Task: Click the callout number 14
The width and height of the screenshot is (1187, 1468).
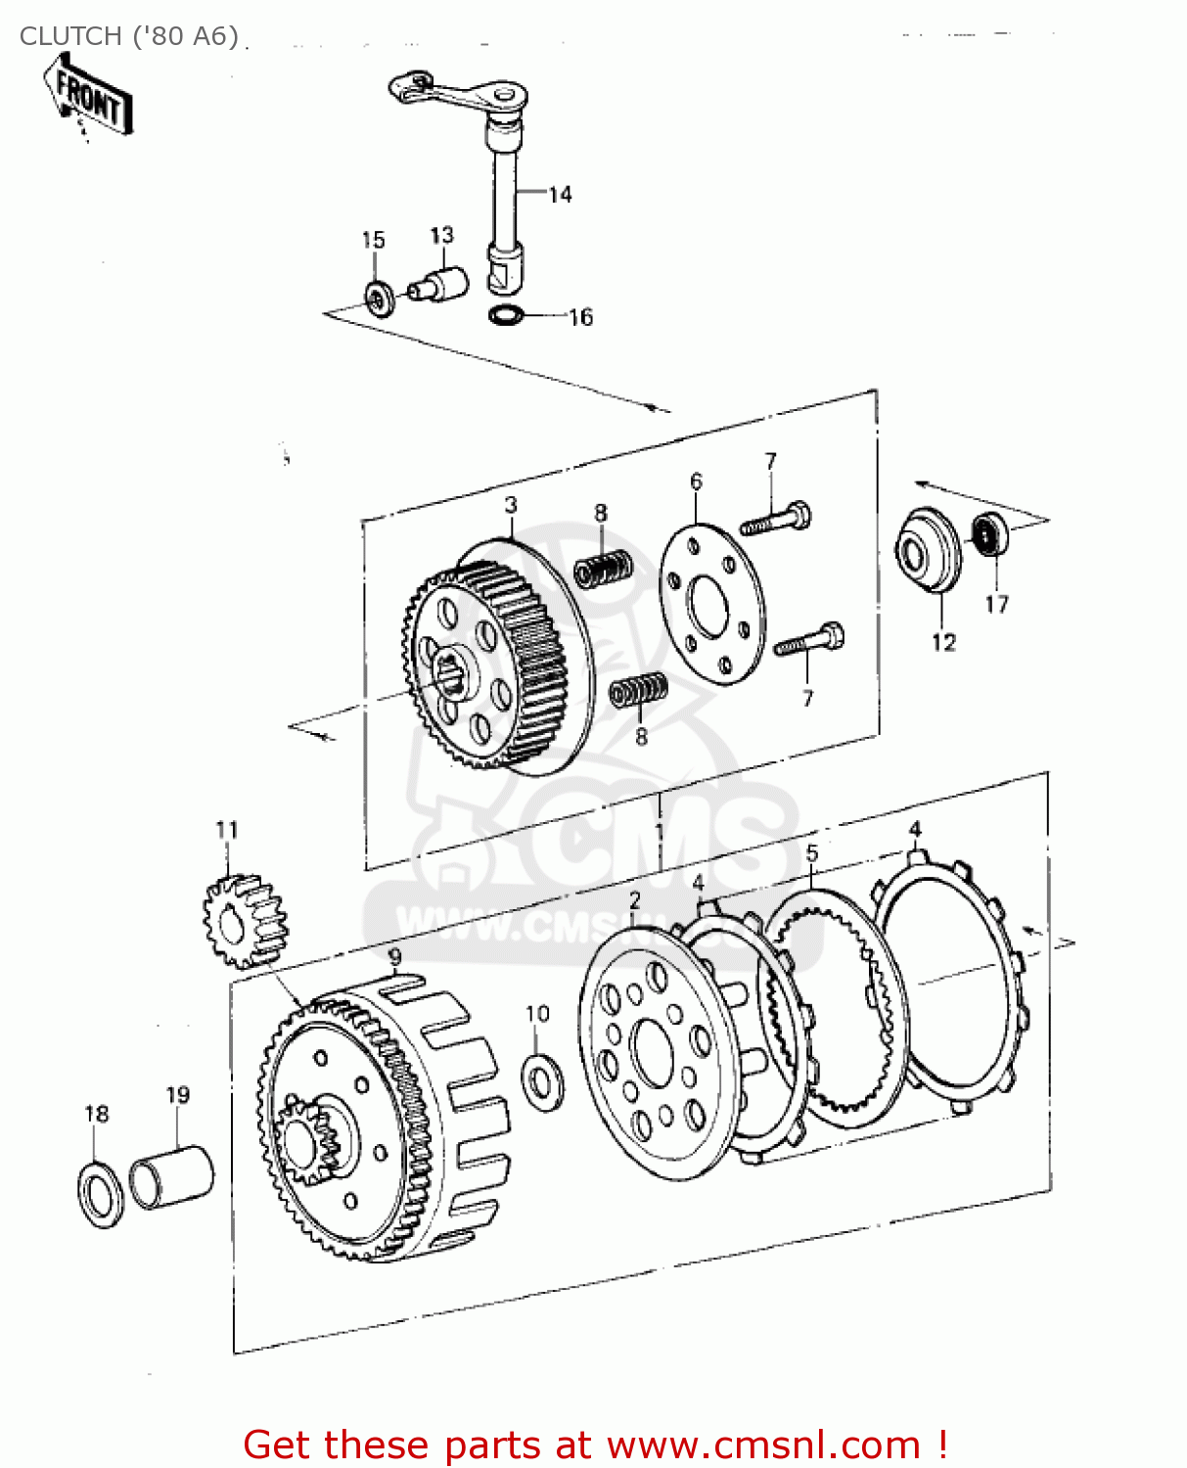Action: tap(560, 195)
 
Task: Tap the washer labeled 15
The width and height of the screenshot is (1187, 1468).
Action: tap(379, 298)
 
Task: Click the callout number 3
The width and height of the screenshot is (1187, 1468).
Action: tap(511, 505)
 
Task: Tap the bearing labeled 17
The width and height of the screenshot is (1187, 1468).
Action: tap(989, 534)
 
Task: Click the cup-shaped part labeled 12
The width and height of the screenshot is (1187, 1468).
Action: tap(928, 551)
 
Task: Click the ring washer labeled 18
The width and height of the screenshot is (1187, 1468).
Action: tap(100, 1193)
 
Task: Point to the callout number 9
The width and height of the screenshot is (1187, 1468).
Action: tap(394, 955)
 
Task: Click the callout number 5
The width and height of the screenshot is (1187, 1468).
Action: tap(811, 853)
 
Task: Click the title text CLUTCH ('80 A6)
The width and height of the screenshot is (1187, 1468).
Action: tap(129, 36)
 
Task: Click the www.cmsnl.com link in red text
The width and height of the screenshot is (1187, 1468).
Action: tap(763, 1445)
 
